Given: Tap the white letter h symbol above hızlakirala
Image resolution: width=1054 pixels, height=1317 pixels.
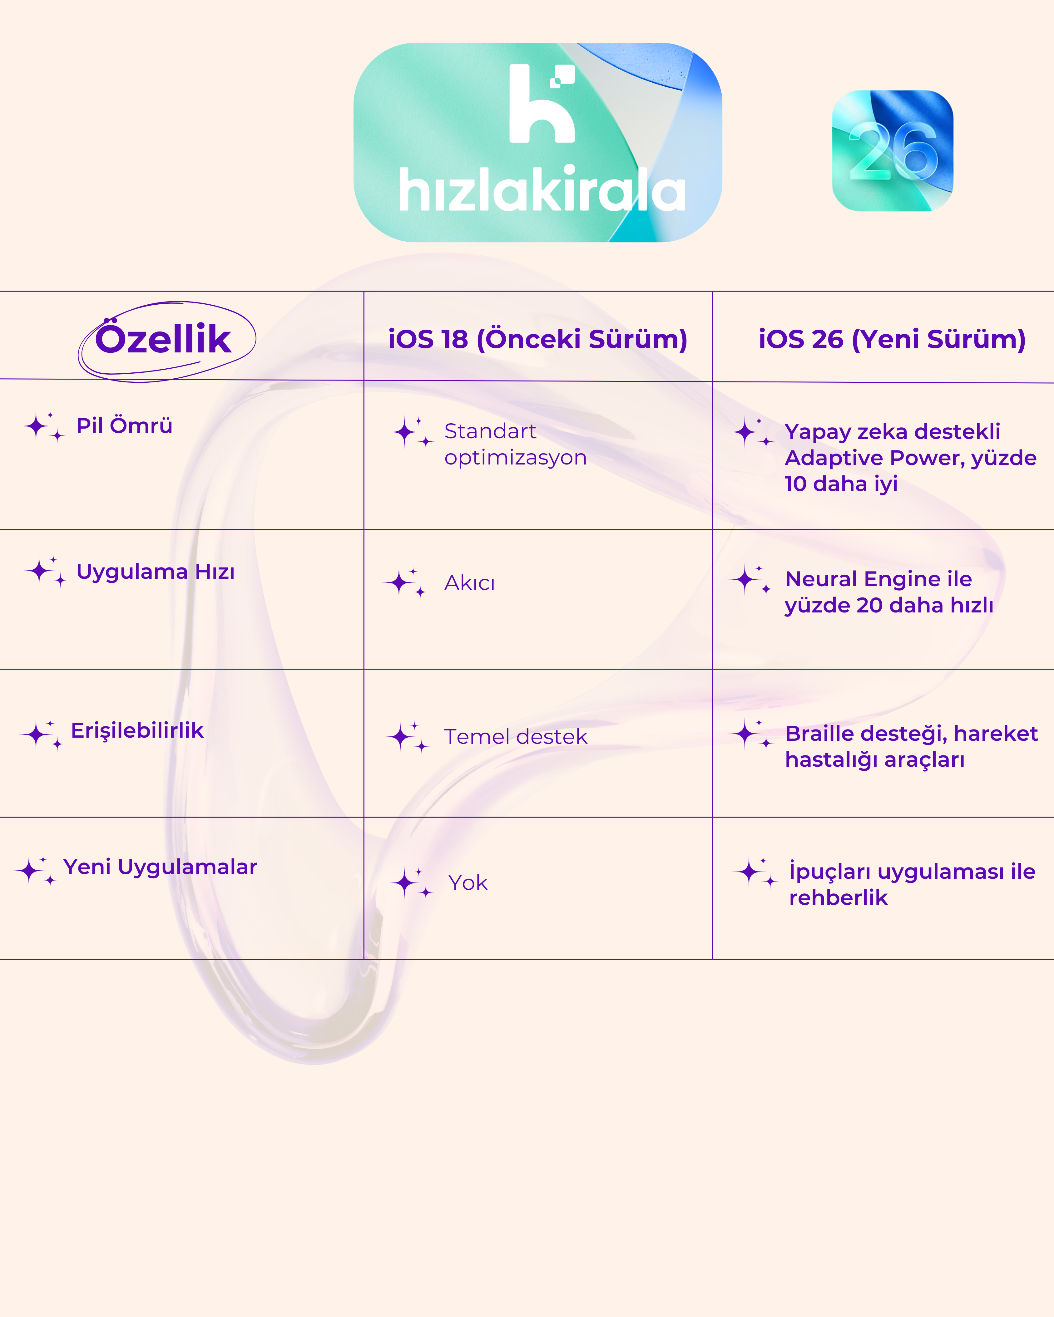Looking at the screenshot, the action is (x=541, y=103).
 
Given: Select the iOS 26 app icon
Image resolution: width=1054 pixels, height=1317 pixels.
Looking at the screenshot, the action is (x=892, y=151).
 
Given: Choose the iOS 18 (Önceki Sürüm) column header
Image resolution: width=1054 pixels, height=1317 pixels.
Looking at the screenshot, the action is (x=538, y=339).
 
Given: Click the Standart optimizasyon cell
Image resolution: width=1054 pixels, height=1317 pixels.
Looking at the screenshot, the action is (x=515, y=444).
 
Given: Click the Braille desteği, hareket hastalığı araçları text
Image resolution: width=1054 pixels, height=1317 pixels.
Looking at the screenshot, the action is (x=911, y=746).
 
